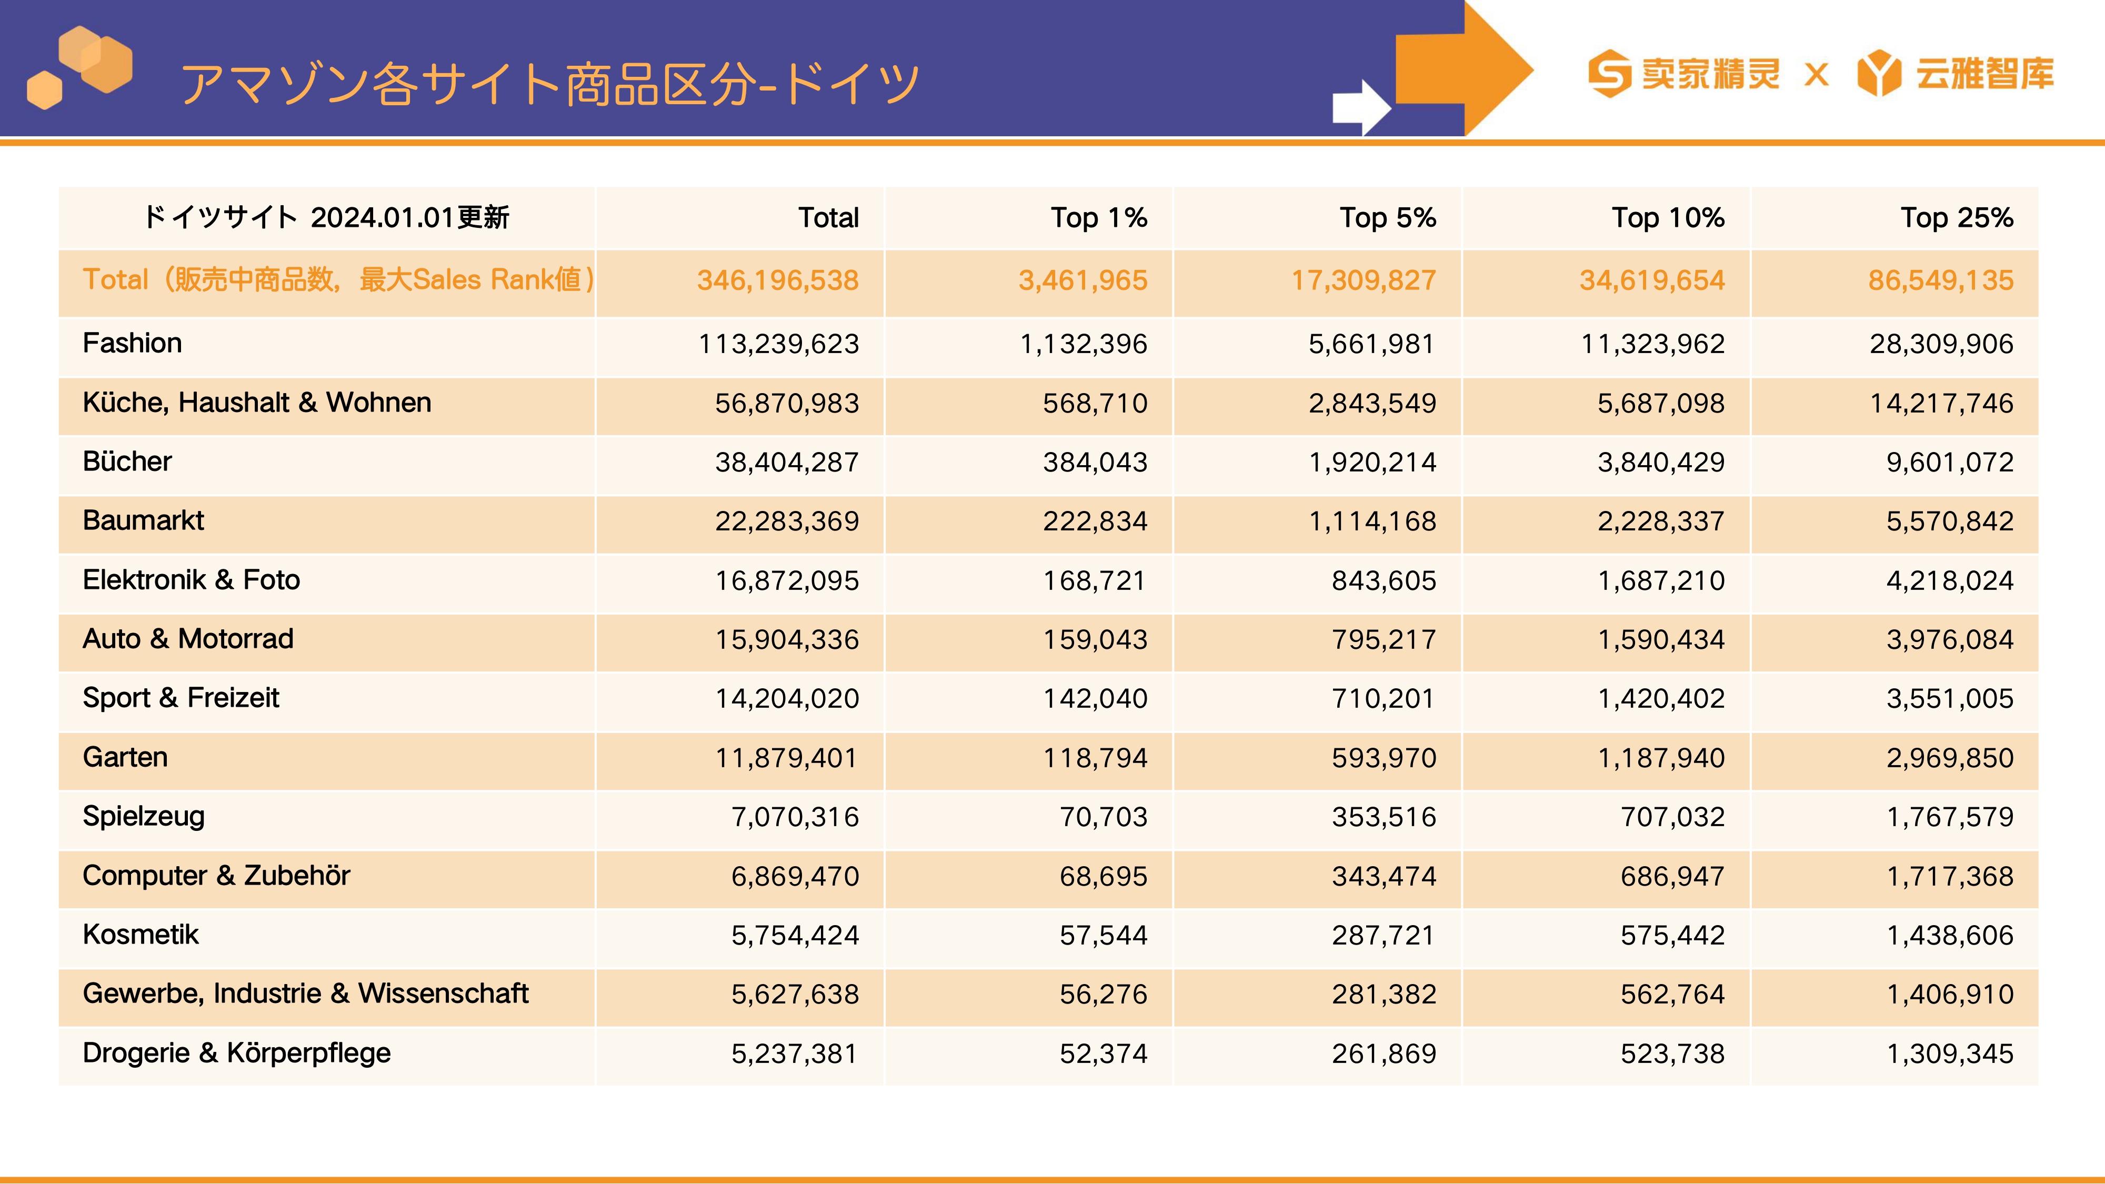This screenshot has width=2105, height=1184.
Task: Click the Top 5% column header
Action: [x=1388, y=218]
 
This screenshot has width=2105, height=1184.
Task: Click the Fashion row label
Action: [x=133, y=343]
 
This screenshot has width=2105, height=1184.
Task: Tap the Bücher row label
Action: [x=127, y=461]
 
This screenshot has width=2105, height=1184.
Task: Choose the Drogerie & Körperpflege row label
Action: [x=237, y=1053]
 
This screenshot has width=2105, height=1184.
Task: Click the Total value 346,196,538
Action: [x=778, y=280]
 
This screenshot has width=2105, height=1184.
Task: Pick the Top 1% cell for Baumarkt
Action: [x=1095, y=521]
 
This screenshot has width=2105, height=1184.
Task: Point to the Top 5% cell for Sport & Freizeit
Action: [x=1384, y=699]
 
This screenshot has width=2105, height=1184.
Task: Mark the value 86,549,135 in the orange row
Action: [x=1941, y=280]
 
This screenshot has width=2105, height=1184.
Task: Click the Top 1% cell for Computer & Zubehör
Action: [x=1103, y=877]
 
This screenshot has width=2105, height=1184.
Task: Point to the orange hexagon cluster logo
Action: [x=80, y=67]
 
